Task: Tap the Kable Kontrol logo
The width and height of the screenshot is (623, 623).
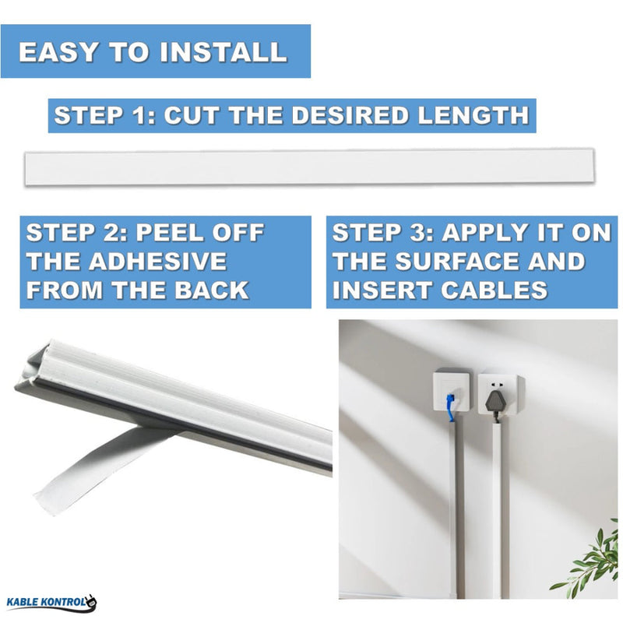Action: click(x=51, y=602)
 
